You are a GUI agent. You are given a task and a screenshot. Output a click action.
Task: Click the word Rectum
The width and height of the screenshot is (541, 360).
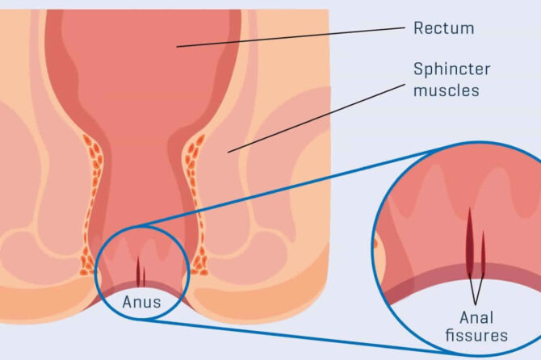pos(443,29)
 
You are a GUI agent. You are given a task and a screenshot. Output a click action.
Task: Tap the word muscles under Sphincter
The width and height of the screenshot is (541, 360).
pos(446,90)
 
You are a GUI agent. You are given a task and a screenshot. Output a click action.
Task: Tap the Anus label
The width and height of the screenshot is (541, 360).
pos(142,303)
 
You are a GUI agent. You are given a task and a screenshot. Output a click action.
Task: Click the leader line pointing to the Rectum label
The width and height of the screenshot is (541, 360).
pos(291,37)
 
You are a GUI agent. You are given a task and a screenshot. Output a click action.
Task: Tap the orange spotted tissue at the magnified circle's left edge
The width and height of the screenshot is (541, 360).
pos(377,242)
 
